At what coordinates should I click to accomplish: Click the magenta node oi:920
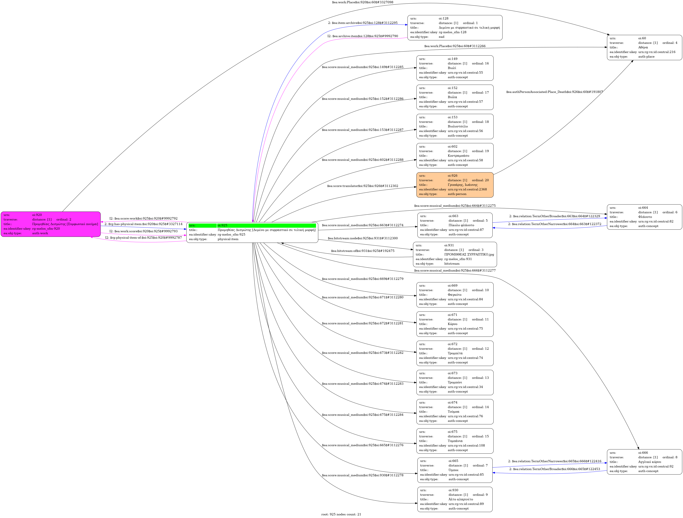[x=51, y=224]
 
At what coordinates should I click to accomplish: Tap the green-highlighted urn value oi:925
[x=266, y=225]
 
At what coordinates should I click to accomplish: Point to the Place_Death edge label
[x=554, y=92]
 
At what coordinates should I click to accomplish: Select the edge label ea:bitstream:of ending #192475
[x=362, y=251]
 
